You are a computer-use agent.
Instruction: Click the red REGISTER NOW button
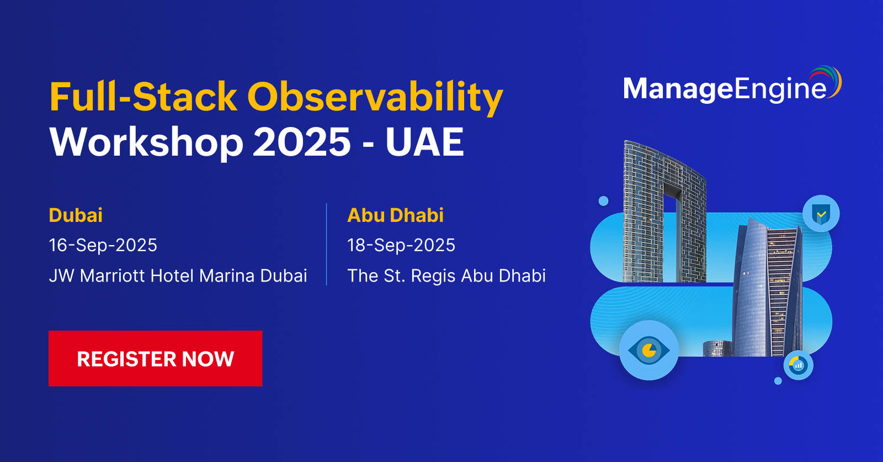(x=155, y=358)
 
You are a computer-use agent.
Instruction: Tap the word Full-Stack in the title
(x=143, y=97)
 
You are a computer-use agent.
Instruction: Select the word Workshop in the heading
(x=146, y=142)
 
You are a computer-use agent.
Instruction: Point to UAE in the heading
(x=424, y=142)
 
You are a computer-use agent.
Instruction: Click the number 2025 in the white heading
(x=301, y=142)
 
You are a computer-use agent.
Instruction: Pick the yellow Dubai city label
(x=76, y=215)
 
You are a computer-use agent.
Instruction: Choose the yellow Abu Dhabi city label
(x=395, y=215)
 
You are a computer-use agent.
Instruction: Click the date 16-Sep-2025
(x=103, y=245)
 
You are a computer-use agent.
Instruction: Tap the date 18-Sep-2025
(x=401, y=245)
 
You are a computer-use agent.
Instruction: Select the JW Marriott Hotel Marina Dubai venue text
(x=178, y=275)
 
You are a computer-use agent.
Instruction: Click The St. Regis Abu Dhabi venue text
(x=446, y=275)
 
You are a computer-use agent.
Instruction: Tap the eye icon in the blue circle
(x=649, y=350)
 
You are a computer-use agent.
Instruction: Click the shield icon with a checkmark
(x=821, y=214)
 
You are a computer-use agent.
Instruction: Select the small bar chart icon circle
(x=798, y=365)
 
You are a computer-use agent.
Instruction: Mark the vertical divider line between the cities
(x=327, y=245)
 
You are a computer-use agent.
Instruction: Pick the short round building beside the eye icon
(x=717, y=348)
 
